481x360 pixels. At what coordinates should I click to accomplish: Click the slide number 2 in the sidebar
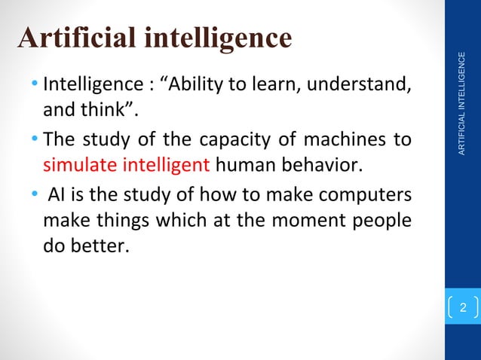pos(463,307)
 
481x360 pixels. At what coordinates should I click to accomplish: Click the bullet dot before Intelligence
pos(37,81)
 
